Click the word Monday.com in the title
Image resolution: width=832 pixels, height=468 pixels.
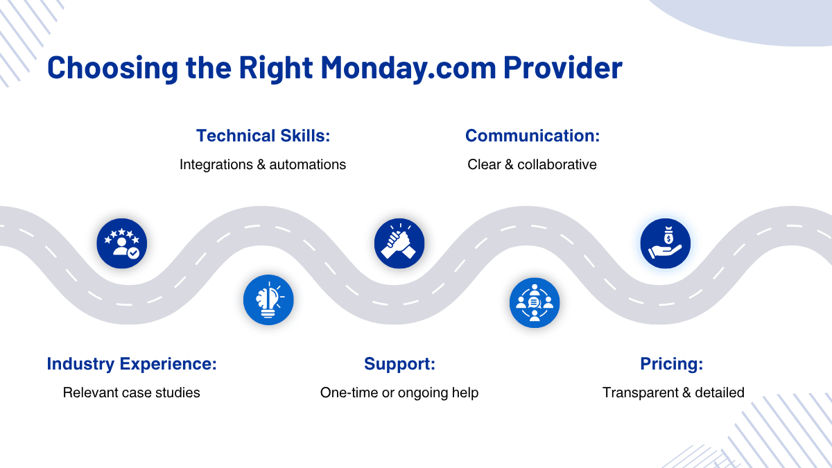(x=408, y=68)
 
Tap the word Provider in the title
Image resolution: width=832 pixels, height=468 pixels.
(x=563, y=67)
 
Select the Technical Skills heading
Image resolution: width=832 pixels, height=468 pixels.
(x=263, y=136)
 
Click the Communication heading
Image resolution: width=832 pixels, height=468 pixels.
(x=532, y=136)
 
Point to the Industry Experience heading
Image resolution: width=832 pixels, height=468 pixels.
(x=132, y=363)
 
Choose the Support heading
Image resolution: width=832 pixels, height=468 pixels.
(x=399, y=363)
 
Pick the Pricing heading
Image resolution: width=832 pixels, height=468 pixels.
(x=672, y=363)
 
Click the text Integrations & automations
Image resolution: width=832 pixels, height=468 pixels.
(x=263, y=164)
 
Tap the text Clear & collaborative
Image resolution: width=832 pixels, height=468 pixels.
(x=532, y=164)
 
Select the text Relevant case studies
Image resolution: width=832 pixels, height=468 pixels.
(x=132, y=392)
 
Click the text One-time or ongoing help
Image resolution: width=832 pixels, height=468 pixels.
(x=399, y=393)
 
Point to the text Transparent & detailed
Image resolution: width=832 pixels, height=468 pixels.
(x=673, y=392)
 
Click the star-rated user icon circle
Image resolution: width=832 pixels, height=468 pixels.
(x=122, y=243)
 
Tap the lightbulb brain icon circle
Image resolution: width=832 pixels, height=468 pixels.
(x=268, y=300)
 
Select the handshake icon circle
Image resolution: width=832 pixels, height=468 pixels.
(x=399, y=243)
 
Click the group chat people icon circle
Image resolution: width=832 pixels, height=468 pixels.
(x=535, y=303)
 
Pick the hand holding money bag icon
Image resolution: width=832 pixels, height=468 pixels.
(x=666, y=243)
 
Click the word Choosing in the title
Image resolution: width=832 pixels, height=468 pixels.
(x=113, y=68)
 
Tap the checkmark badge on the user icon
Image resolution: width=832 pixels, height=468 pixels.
(x=133, y=253)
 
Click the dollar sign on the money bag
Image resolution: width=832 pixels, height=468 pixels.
(x=668, y=239)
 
